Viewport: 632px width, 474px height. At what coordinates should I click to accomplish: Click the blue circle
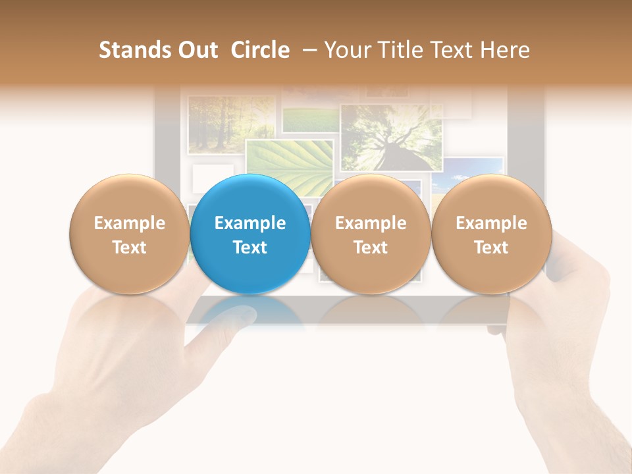250,234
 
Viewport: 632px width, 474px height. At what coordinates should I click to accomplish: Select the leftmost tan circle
129,234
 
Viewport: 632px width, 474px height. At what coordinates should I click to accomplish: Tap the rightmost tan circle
491,234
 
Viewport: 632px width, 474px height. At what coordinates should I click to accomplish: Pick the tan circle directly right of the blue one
371,234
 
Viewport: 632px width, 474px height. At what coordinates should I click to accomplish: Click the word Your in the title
346,50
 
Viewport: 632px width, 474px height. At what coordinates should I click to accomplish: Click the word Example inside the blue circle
250,223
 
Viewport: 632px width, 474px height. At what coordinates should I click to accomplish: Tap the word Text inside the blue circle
250,248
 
